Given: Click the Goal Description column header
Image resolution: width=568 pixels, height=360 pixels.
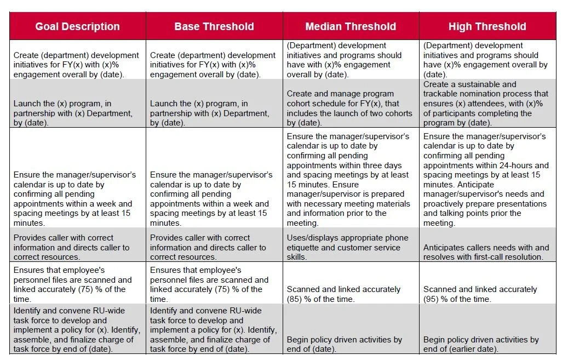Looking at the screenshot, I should coord(77,26).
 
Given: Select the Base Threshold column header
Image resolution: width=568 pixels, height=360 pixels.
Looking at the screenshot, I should coord(214,26).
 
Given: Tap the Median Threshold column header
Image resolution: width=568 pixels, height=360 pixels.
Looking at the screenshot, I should coord(351,26).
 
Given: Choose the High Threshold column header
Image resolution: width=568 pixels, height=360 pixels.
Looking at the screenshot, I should coord(487,26).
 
